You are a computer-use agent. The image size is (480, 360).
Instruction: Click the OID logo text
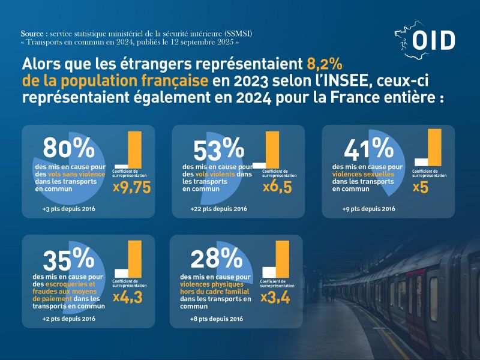point(434,41)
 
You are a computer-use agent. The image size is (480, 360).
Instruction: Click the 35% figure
point(68,259)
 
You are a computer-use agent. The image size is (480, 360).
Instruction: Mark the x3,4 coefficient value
point(276,296)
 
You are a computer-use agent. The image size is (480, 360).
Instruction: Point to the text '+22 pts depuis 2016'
point(219,209)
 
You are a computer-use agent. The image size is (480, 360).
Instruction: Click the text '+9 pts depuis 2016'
point(368,209)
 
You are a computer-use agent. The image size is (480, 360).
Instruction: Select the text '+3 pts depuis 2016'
point(69,209)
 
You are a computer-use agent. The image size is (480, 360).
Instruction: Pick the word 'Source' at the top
point(34,34)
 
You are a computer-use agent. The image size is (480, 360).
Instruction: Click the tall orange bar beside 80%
point(134,149)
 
